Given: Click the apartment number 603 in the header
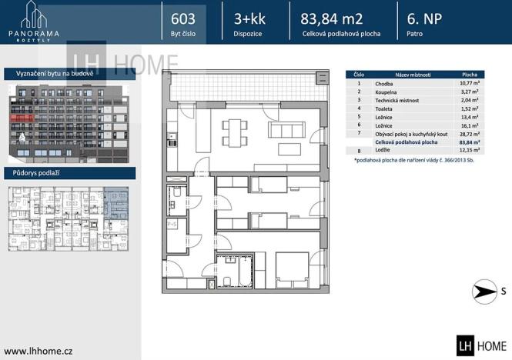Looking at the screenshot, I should (182, 18).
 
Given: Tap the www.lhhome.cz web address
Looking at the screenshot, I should (38, 351).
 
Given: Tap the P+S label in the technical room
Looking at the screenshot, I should (172, 224).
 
